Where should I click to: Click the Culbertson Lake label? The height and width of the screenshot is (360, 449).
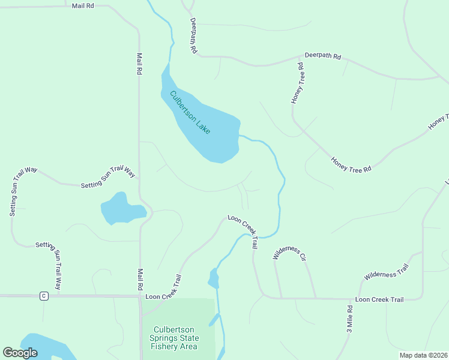tap(190, 112)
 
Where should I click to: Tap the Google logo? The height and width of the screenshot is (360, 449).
tap(20, 353)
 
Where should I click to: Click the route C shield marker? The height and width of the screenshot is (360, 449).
tap(43, 296)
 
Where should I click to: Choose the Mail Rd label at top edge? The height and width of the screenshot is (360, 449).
tap(83, 5)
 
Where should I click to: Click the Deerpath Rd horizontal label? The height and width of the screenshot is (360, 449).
tap(322, 56)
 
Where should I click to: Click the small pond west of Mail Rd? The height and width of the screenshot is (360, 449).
tap(121, 209)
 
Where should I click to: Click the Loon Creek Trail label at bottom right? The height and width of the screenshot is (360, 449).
tap(379, 299)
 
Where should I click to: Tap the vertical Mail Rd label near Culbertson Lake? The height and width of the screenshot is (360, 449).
tap(139, 64)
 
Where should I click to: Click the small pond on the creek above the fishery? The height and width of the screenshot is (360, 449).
tap(213, 278)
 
